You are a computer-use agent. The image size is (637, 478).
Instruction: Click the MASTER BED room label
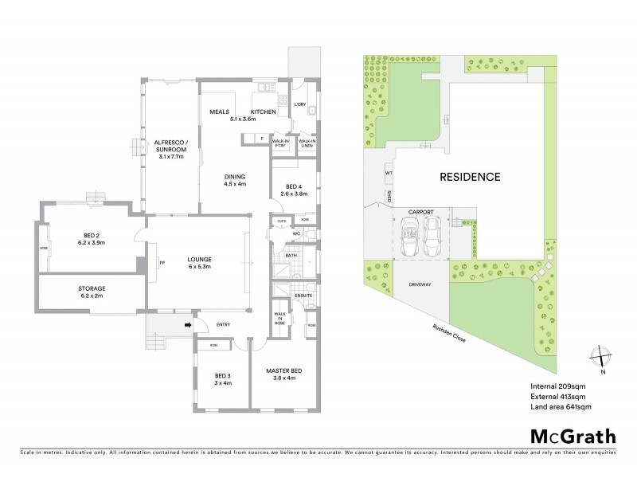[x=283, y=374]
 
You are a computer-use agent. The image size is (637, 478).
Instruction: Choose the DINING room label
[x=235, y=178]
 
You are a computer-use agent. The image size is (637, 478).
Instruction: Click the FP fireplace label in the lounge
[x=162, y=261]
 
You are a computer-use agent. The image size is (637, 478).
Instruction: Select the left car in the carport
[x=412, y=238]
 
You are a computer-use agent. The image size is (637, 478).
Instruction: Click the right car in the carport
[x=433, y=238]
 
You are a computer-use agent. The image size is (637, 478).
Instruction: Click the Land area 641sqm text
[x=561, y=407]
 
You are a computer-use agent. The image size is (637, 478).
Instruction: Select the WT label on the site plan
[x=389, y=172]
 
